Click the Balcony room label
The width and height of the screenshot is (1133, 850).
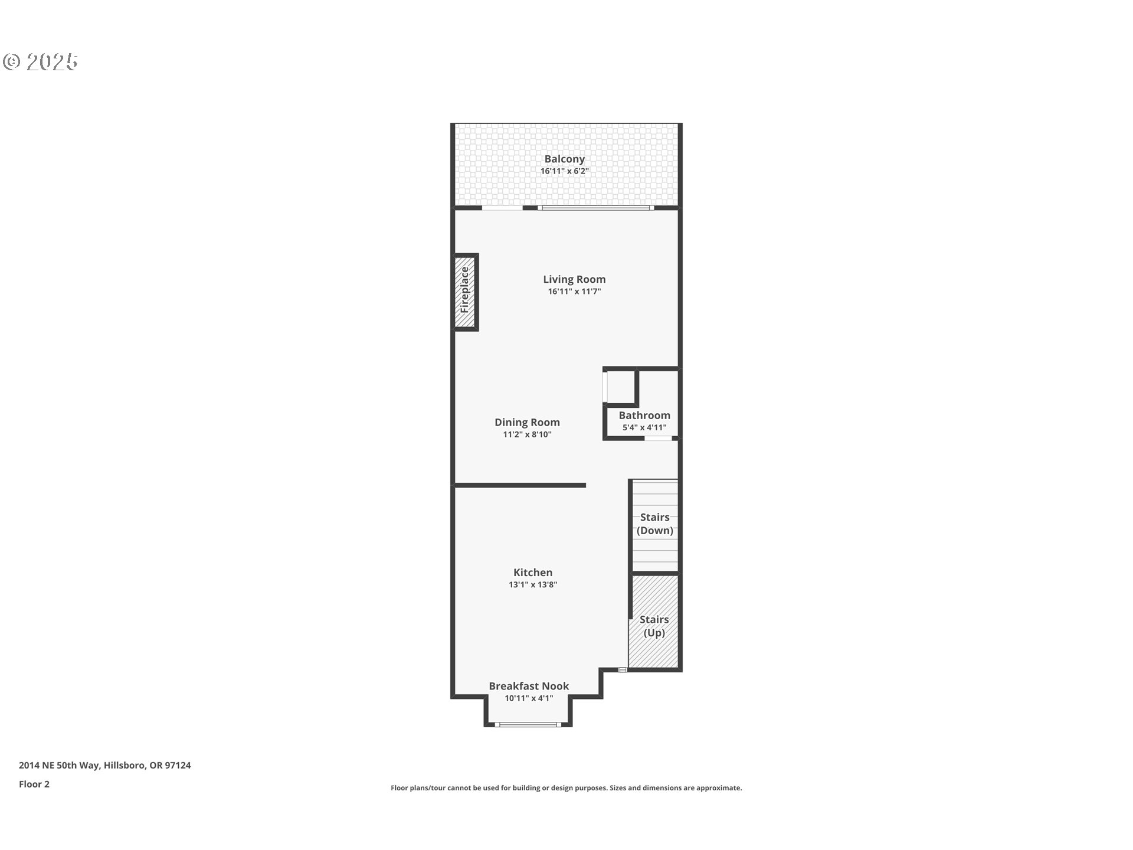(564, 159)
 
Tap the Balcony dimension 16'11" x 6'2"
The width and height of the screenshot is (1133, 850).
(565, 171)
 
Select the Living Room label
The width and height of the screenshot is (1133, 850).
(574, 279)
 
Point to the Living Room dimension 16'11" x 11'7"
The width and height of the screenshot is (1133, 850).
(574, 292)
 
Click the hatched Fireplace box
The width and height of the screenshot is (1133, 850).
(465, 292)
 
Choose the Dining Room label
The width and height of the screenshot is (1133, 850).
(527, 422)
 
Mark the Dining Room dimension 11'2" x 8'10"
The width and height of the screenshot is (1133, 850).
(527, 434)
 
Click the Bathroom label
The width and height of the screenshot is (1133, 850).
(644, 416)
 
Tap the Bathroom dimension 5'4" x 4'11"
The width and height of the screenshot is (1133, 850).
(644, 428)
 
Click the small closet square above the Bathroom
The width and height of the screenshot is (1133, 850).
(621, 387)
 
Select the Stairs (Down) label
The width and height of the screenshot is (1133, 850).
(654, 524)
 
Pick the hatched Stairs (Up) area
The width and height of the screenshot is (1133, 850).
(654, 622)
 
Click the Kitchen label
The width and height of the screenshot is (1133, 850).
(533, 572)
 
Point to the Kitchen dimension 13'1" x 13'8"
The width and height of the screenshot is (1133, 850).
(533, 585)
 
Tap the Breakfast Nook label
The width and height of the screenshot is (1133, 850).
(529, 686)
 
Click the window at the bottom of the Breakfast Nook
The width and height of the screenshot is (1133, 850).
(528, 724)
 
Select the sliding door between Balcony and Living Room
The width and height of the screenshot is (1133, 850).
(595, 208)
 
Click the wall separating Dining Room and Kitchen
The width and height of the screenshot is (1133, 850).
(519, 485)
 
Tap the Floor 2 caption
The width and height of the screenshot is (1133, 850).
(34, 784)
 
